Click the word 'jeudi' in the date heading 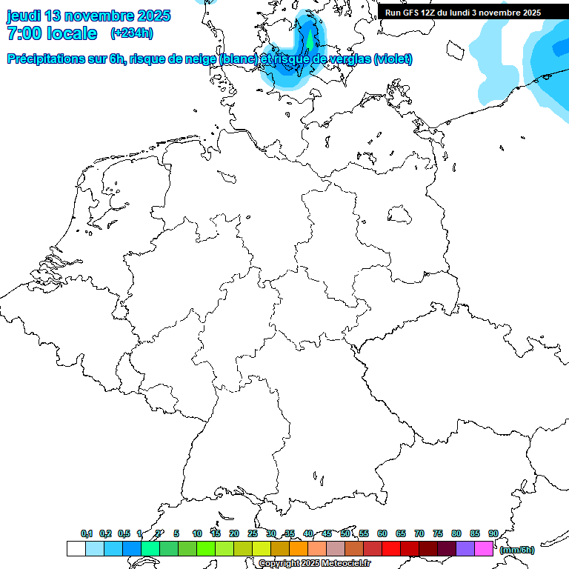(23, 16)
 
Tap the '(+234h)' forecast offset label (132, 33)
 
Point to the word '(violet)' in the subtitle (393, 59)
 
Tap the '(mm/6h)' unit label (517, 550)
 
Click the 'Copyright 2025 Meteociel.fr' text (314, 564)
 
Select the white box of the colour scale (76, 548)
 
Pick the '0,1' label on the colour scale (87, 534)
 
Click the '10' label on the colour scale (197, 534)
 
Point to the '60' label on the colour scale (382, 534)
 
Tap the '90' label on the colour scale (493, 534)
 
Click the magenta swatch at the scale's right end (484, 548)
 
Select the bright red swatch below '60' (391, 548)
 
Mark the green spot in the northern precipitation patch (309, 35)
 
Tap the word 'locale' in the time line (71, 33)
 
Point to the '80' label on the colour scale (456, 534)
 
